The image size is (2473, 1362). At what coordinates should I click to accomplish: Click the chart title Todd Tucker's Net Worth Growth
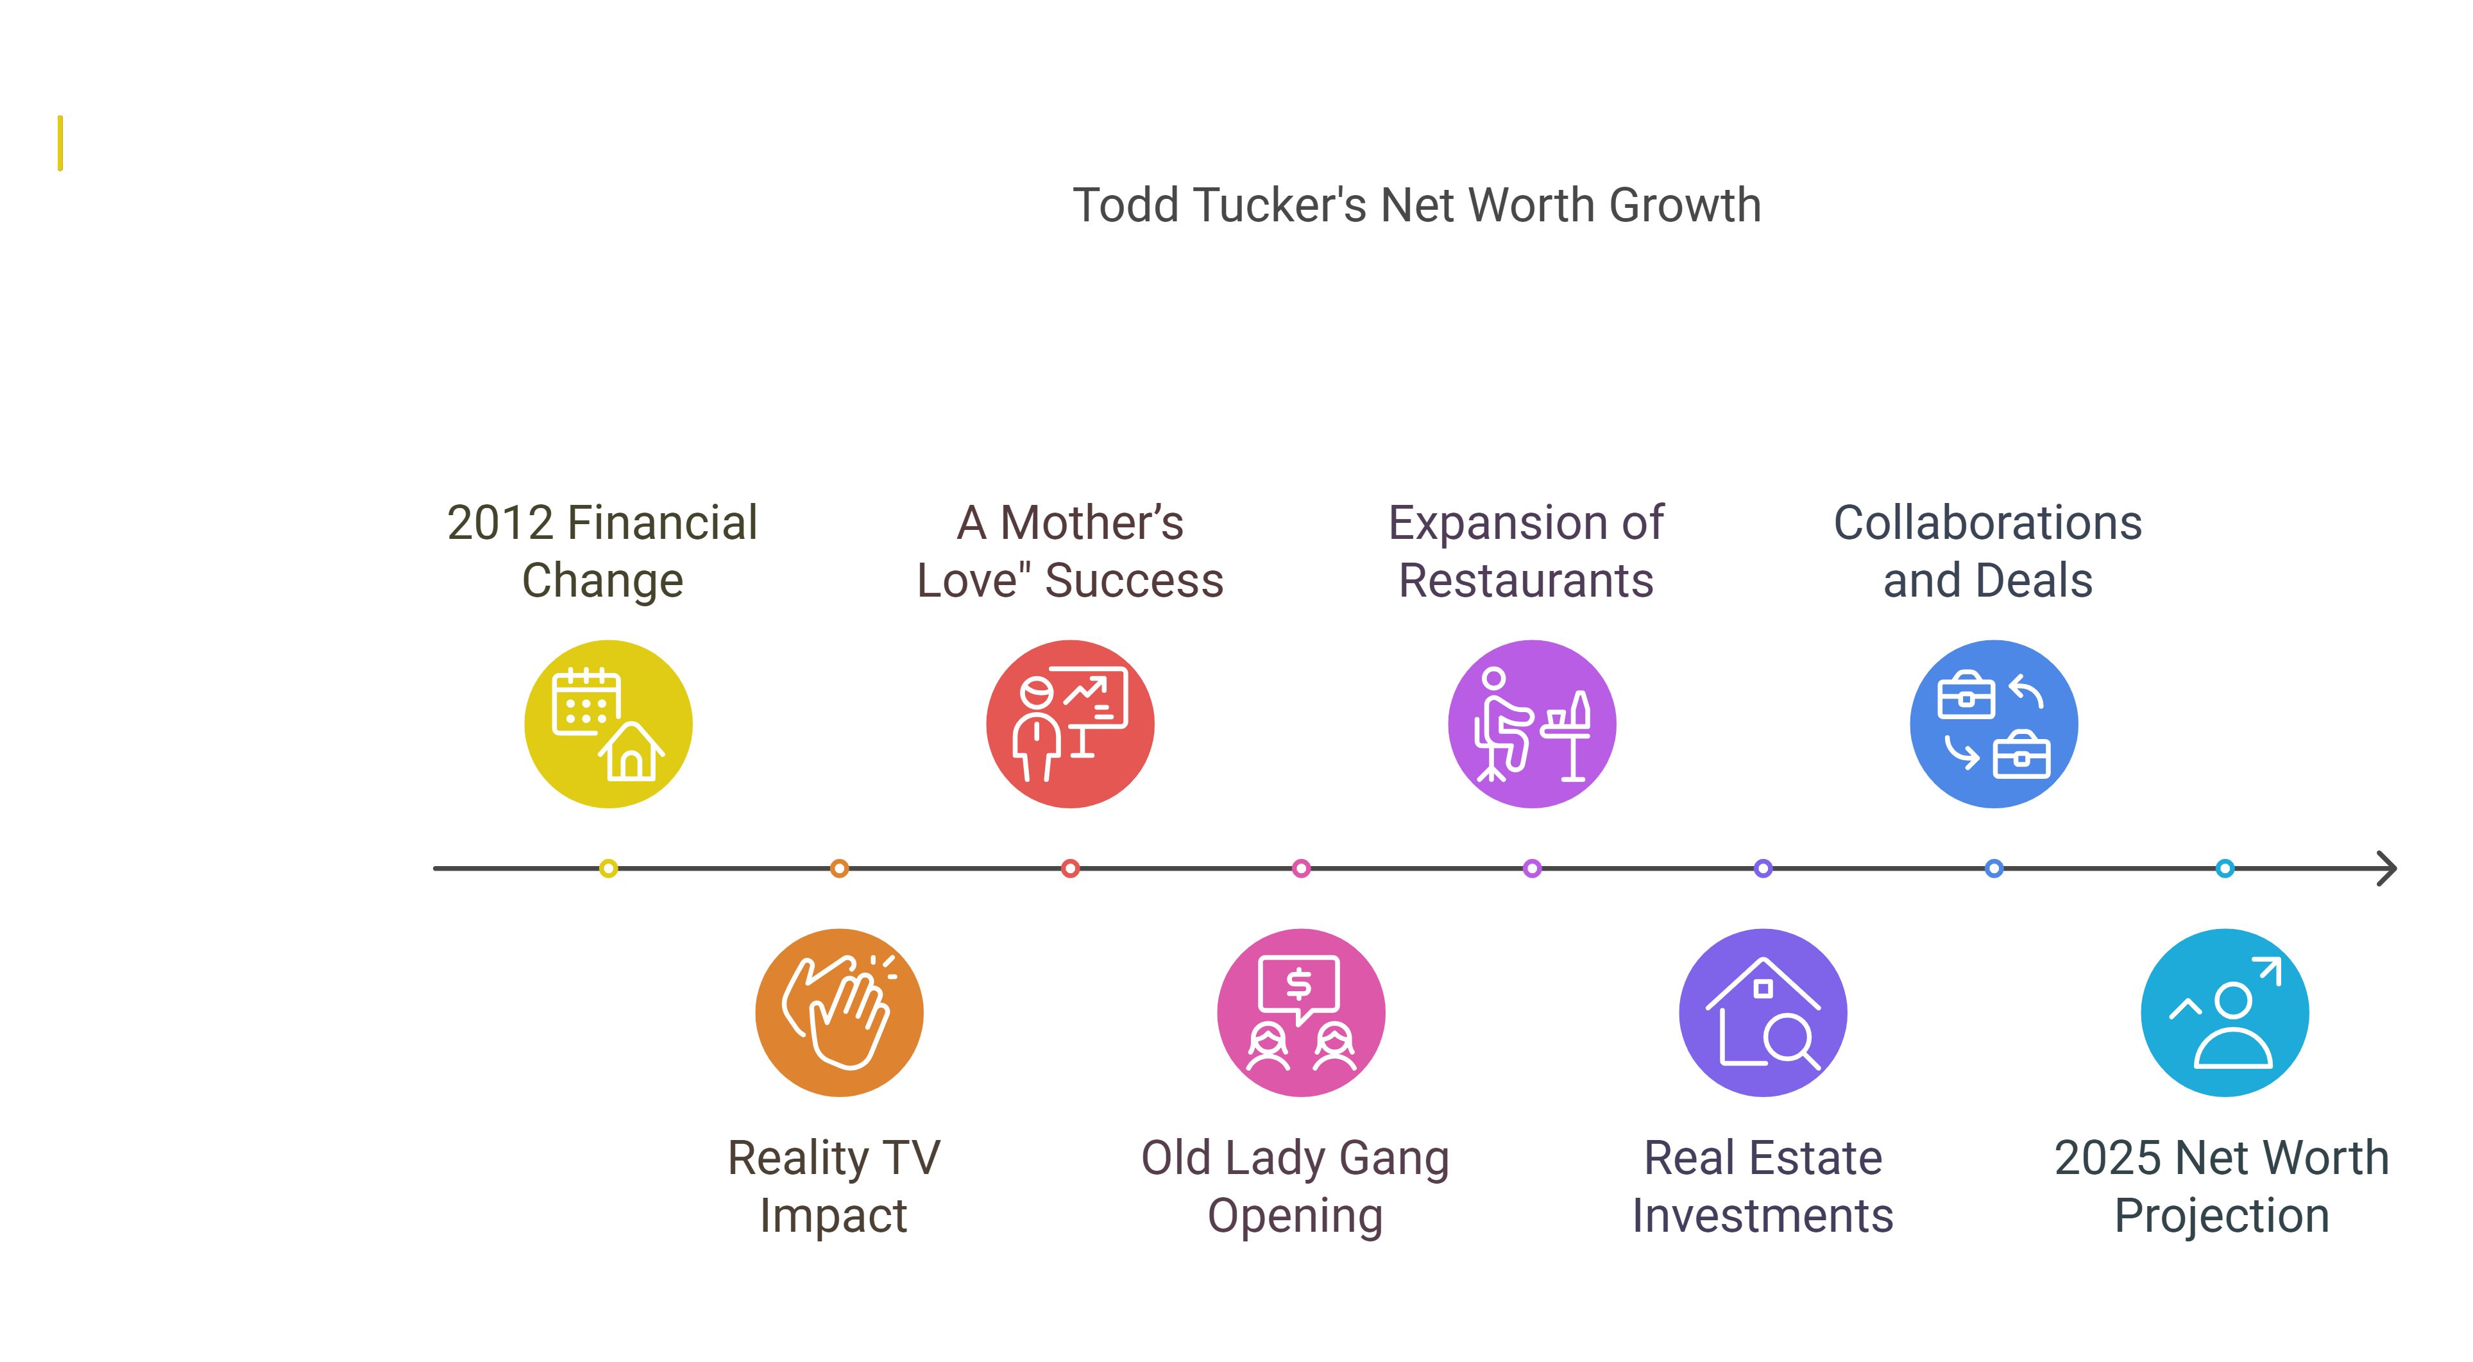pyautogui.click(x=1416, y=205)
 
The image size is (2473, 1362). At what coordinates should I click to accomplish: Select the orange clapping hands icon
pyautogui.click(x=839, y=1012)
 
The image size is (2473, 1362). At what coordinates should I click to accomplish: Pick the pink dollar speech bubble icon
pyautogui.click(x=1301, y=1012)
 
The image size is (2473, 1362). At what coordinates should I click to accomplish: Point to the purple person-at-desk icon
pyautogui.click(x=1532, y=724)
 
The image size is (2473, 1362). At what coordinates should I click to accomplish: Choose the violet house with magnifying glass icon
pyautogui.click(x=1763, y=1012)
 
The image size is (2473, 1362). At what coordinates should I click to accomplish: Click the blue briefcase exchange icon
pyautogui.click(x=1994, y=724)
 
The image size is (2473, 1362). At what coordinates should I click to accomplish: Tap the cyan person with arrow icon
pyautogui.click(x=2224, y=1012)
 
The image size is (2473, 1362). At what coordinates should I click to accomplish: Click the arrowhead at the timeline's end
pyautogui.click(x=2388, y=869)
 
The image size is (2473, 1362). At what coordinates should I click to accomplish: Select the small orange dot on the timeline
pyautogui.click(x=839, y=869)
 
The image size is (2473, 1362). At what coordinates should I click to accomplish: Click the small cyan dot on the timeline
pyautogui.click(x=2224, y=869)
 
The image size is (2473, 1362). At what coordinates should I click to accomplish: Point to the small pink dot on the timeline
pyautogui.click(x=1301, y=869)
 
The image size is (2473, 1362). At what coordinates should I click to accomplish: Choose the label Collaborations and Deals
pyautogui.click(x=1987, y=551)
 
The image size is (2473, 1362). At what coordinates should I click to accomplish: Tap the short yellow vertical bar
pyautogui.click(x=60, y=143)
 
